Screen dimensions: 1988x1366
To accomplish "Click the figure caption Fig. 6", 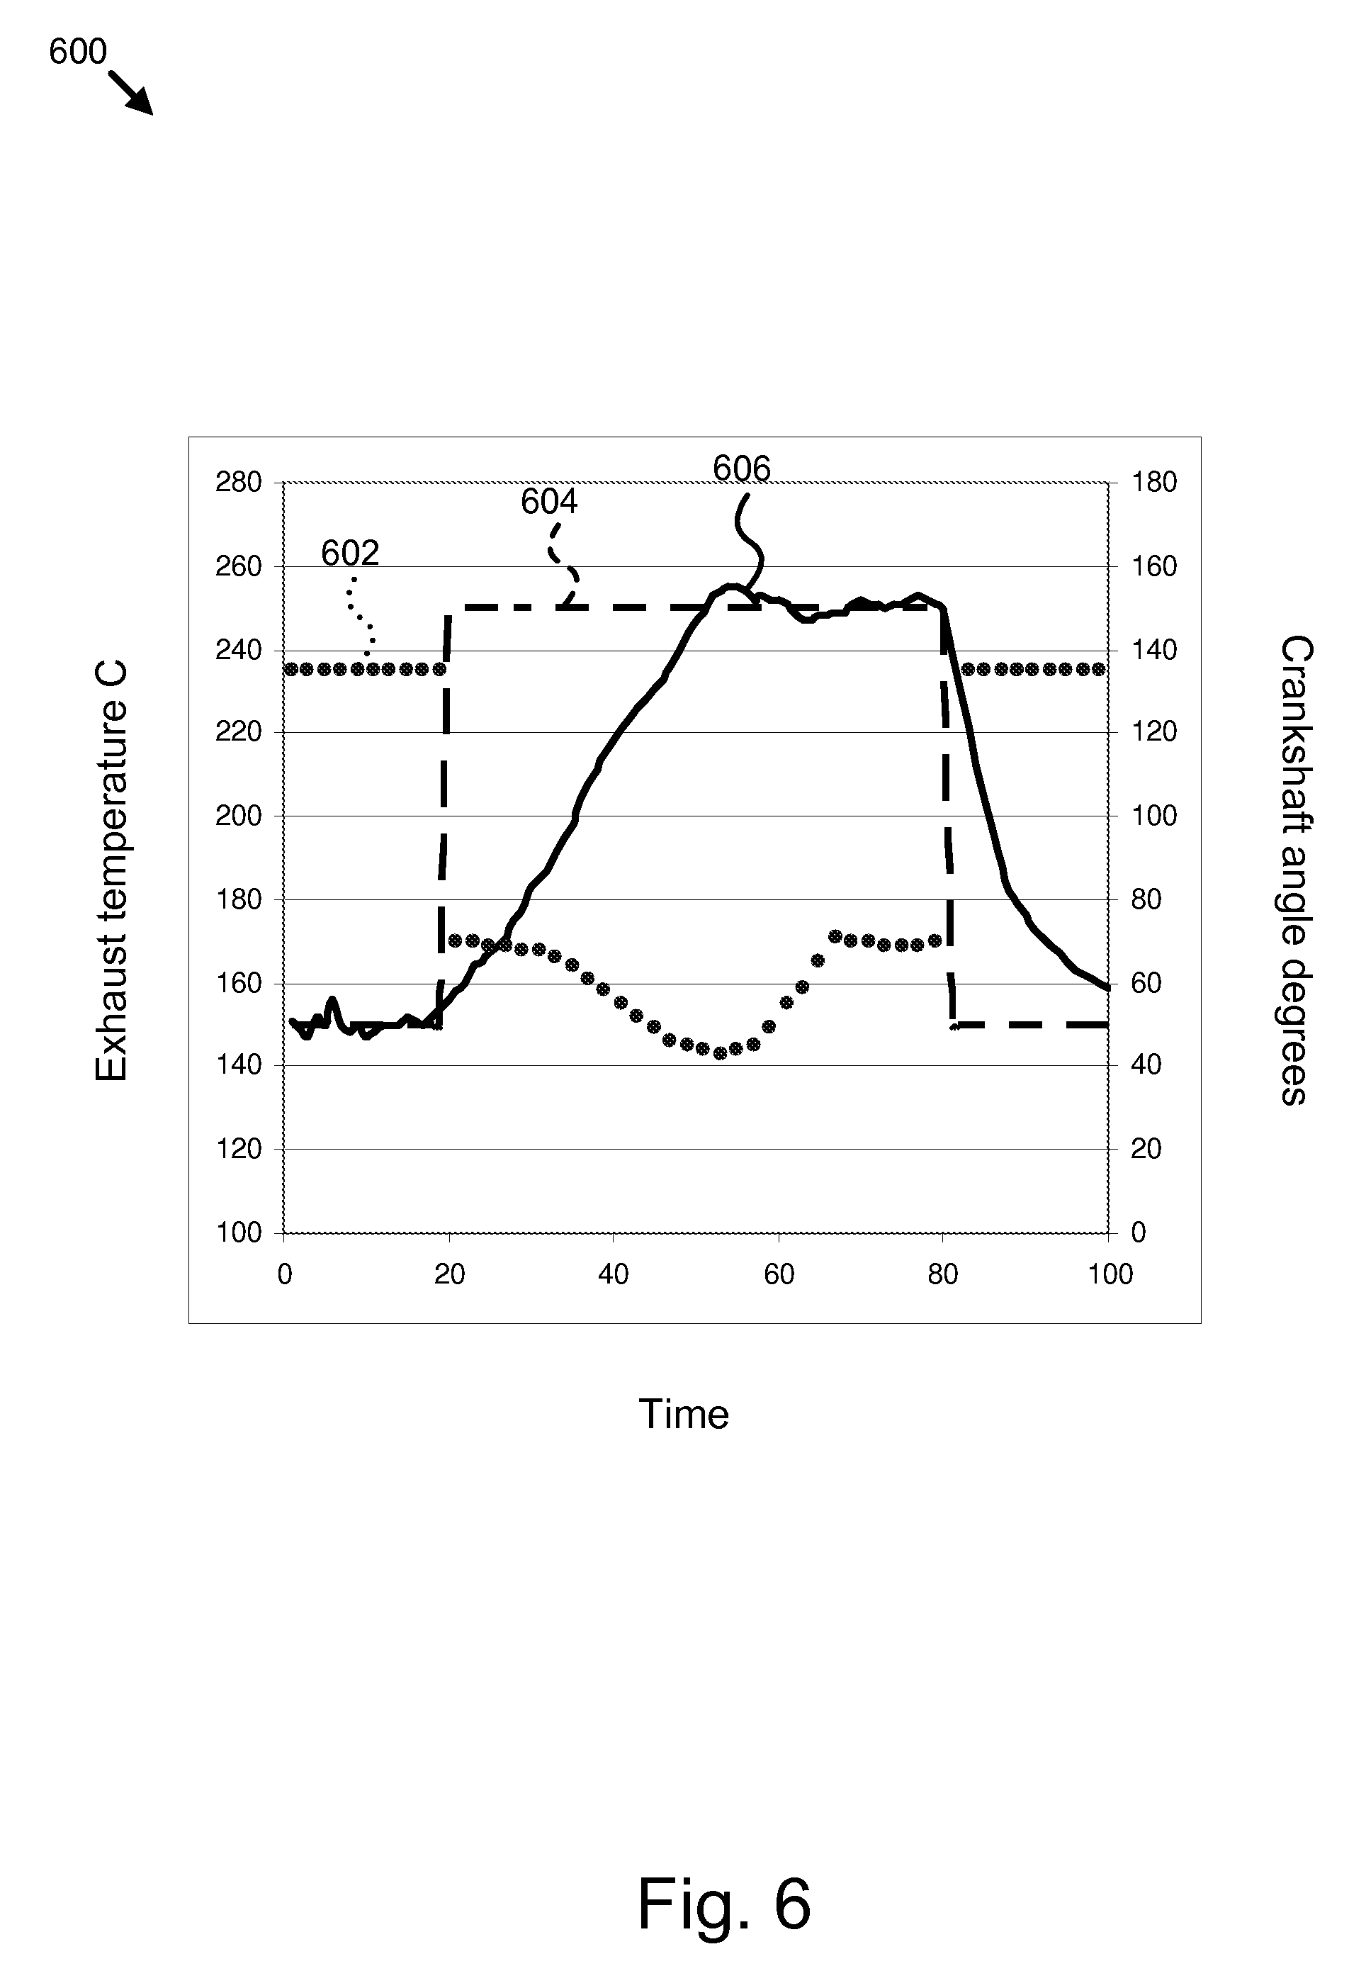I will point(723,1903).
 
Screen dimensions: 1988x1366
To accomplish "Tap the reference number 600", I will point(77,53).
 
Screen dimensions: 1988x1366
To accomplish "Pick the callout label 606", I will point(741,469).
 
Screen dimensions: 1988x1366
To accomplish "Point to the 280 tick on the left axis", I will point(238,483).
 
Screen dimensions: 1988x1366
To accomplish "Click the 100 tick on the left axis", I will point(238,1233).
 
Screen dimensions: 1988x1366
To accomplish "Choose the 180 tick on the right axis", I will point(1153,483).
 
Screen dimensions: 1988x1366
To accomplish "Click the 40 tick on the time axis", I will point(614,1275).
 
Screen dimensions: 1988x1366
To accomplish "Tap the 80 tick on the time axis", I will point(942,1275).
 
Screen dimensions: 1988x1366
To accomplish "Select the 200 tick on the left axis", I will point(238,816).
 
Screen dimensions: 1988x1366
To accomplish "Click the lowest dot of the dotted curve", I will point(720,1053).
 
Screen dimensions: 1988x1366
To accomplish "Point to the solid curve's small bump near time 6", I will point(332,1001).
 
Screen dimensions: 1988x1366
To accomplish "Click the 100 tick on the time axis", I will point(1110,1275).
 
